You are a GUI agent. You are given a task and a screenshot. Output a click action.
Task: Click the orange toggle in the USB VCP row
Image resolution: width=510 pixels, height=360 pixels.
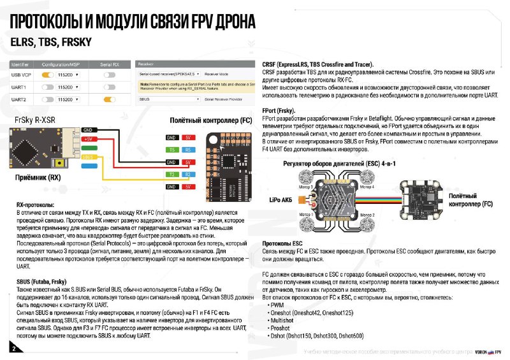tap(47, 75)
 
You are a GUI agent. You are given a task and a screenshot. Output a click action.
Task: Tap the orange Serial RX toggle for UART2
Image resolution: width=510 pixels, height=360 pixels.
tap(109, 99)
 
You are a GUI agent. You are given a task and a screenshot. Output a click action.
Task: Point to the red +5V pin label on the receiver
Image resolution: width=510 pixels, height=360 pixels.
tap(89, 138)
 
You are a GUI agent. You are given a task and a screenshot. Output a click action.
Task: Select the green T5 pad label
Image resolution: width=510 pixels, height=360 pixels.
tap(171, 150)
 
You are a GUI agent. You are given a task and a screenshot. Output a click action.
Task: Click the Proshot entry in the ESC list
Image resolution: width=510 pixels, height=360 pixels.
tap(282, 329)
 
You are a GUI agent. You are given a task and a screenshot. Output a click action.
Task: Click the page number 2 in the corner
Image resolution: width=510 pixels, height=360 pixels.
tap(13, 347)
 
